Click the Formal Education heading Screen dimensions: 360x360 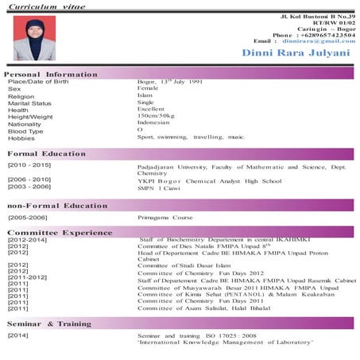tap(47, 153)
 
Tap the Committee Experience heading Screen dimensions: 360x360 tap(60, 232)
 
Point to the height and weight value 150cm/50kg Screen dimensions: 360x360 tap(157, 116)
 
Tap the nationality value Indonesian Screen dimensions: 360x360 tap(153, 123)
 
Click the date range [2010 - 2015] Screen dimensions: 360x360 tap(29, 165)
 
